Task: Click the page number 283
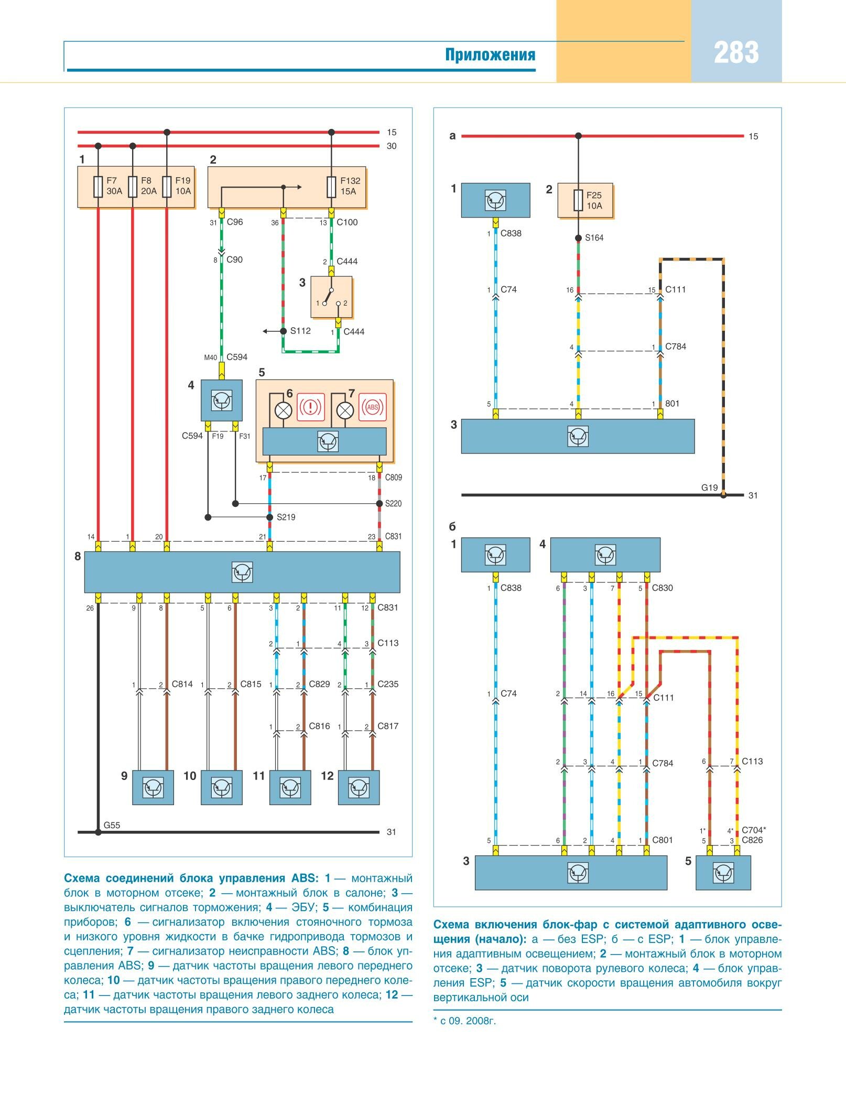tap(736, 53)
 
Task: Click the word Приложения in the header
tap(490, 55)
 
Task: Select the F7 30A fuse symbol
tap(98, 187)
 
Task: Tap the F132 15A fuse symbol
tap(331, 187)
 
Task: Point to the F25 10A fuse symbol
tap(578, 200)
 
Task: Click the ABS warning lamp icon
tap(372, 407)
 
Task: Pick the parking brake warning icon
tap(311, 407)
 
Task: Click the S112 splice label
tap(300, 331)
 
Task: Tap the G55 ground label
tap(112, 825)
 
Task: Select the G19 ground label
tap(709, 488)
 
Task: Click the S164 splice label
tap(594, 238)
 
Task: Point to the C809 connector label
tap(393, 478)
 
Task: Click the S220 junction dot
tap(379, 504)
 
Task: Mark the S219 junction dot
tap(270, 517)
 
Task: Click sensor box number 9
tap(153, 787)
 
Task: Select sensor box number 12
tap(359, 787)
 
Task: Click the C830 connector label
tap(662, 588)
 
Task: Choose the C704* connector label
tap(753, 830)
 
